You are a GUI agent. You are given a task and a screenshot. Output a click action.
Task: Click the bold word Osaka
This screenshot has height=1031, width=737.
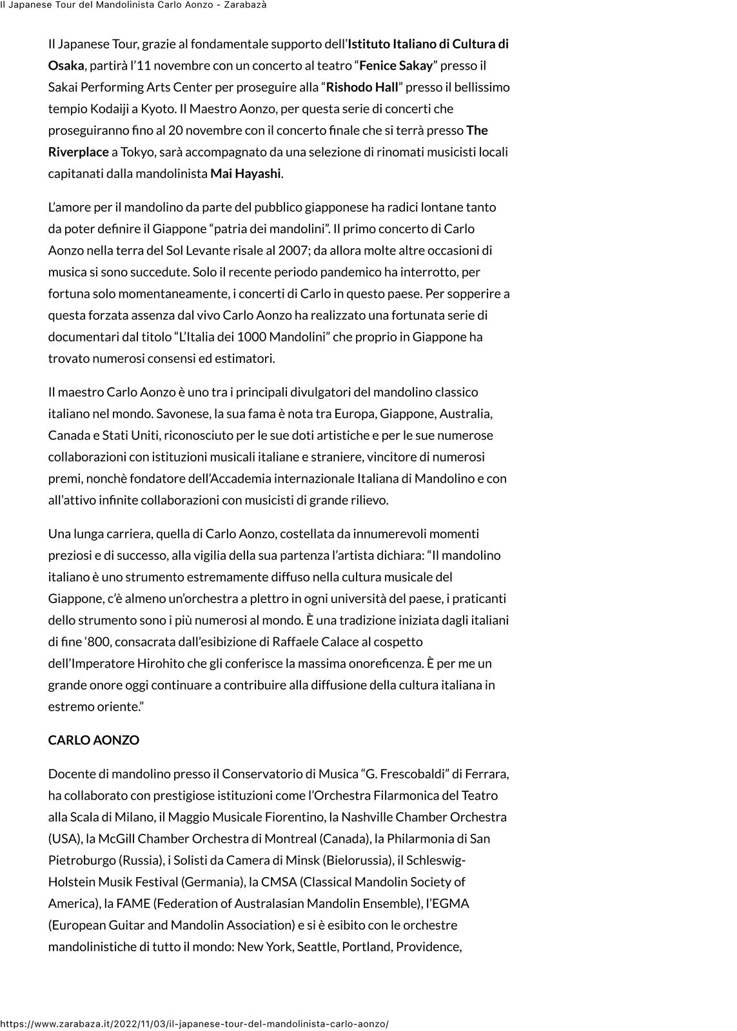point(66,66)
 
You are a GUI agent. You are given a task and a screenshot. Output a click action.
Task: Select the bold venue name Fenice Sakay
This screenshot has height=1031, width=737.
point(396,66)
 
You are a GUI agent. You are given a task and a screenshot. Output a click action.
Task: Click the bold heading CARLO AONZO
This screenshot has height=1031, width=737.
point(93,740)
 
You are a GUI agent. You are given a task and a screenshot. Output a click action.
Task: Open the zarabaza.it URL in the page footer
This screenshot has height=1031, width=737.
point(194,1024)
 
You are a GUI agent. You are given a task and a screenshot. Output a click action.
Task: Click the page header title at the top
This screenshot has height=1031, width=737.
point(133,5)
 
